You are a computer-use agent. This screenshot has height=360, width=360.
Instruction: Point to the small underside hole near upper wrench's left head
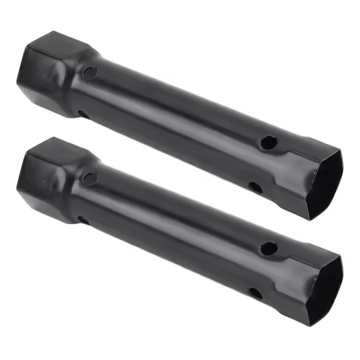81,114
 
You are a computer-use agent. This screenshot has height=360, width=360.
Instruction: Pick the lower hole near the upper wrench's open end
256,187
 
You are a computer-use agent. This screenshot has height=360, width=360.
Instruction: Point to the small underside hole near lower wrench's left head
81,220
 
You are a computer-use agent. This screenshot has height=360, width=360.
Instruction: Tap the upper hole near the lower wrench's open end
267,247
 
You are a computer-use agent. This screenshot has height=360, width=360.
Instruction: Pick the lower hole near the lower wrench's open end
256,293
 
